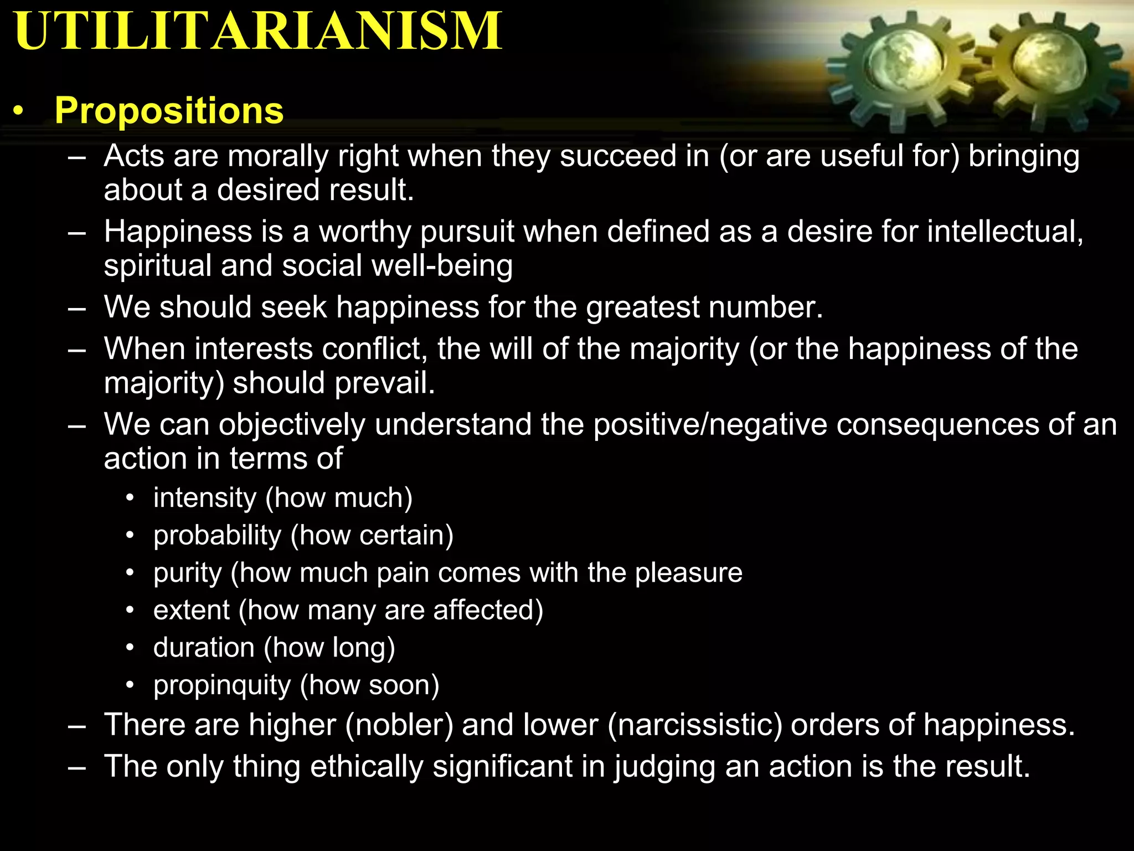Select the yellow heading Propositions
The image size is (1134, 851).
(x=169, y=110)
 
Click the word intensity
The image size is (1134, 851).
(x=205, y=498)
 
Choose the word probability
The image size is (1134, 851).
(x=217, y=535)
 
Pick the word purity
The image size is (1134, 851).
(x=187, y=573)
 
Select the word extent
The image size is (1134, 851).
(x=191, y=610)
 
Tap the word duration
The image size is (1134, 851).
(x=204, y=648)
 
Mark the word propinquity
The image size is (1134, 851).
(x=221, y=685)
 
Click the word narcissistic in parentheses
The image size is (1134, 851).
(x=695, y=725)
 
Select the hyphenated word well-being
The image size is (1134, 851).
(x=442, y=265)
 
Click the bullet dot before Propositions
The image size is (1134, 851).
(x=19, y=111)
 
